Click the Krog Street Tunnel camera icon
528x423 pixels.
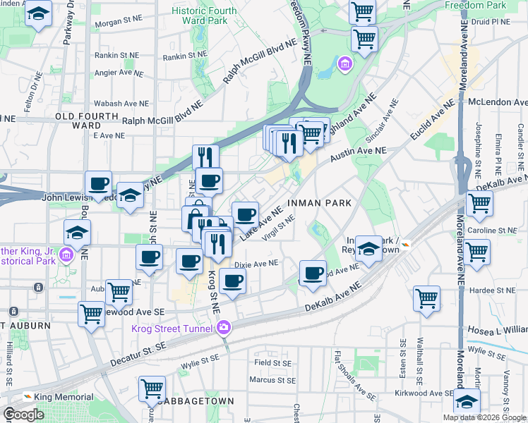point(224,326)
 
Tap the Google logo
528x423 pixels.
point(23,414)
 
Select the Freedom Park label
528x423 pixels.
point(475,5)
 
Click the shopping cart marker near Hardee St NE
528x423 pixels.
point(427,298)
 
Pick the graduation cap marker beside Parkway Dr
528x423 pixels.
point(38,13)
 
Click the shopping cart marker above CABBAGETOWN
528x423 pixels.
point(152,388)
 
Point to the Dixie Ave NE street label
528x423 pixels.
point(257,263)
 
